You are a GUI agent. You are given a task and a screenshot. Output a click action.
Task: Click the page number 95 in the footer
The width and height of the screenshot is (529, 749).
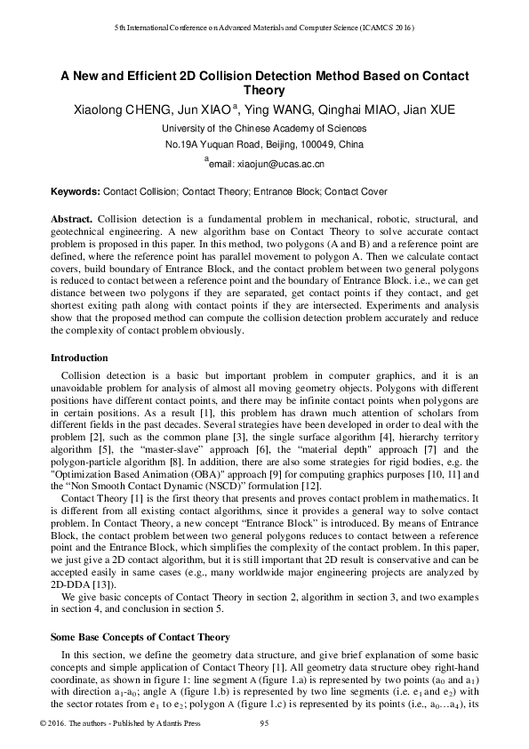tap(264, 722)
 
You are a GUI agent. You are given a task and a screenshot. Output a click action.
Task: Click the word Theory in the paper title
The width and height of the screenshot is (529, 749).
tap(264, 90)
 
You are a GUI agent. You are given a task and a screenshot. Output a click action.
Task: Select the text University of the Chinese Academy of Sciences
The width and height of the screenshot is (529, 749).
tap(264, 128)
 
